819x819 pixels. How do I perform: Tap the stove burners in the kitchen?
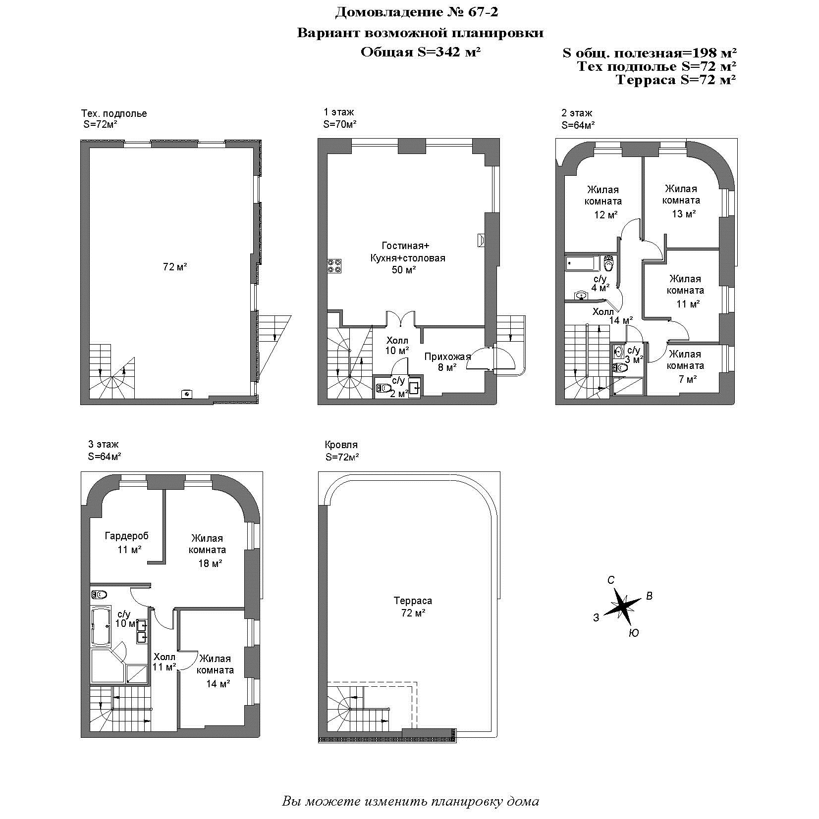point(333,266)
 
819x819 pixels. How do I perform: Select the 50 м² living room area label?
point(403,270)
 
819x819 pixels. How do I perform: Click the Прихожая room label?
point(447,356)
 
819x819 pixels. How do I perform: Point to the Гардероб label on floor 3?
point(126,535)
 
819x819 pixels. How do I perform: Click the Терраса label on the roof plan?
point(413,601)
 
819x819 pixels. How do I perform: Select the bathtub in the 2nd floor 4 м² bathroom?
point(583,263)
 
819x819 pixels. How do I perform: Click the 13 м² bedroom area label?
point(684,214)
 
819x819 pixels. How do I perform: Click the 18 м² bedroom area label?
point(210,563)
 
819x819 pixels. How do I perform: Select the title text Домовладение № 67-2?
point(416,12)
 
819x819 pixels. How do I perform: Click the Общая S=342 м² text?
point(421,51)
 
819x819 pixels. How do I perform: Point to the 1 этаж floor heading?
point(339,112)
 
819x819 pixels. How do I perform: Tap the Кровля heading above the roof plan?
point(341,445)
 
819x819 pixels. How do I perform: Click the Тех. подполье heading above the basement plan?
point(114,113)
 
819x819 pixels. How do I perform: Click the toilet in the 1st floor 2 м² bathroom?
point(383,388)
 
